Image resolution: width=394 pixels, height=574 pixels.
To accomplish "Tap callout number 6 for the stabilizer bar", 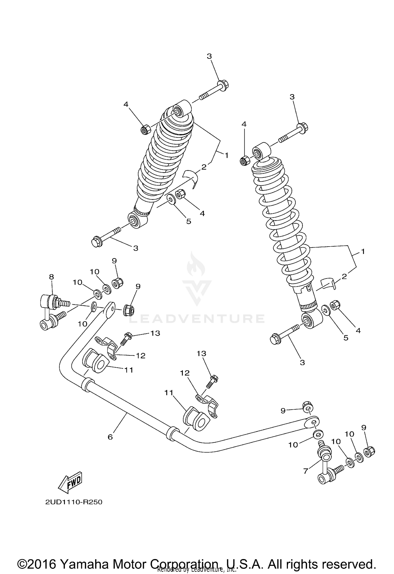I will pyautogui.click(x=110, y=437).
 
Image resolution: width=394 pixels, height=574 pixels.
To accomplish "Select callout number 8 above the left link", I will pyautogui.click(x=51, y=276).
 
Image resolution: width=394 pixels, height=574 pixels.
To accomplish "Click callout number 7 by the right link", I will pyautogui.click(x=305, y=471).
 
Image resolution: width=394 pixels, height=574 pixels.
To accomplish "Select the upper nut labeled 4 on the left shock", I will pyautogui.click(x=145, y=129).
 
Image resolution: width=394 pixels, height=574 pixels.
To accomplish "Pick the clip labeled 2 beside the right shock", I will pyautogui.click(x=328, y=284).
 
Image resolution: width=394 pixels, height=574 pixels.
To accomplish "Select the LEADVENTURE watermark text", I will pyautogui.click(x=197, y=319).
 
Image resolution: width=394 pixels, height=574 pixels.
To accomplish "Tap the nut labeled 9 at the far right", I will pyautogui.click(x=369, y=452).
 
